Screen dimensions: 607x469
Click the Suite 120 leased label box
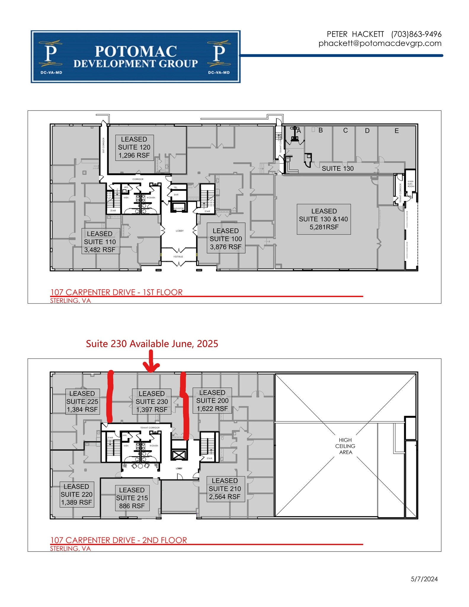[x=134, y=147]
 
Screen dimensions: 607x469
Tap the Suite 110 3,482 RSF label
[x=100, y=242]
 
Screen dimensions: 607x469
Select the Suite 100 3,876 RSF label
[x=226, y=239]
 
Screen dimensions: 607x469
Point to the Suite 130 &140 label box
[x=324, y=219]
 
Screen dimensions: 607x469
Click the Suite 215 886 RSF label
[x=132, y=498]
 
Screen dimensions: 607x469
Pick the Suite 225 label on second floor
[x=82, y=401]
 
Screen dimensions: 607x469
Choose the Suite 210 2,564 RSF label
[x=225, y=488]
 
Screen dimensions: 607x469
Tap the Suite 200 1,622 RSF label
[x=212, y=400]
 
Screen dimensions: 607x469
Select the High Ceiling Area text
[x=345, y=446]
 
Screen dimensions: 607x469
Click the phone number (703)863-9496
[x=416, y=34]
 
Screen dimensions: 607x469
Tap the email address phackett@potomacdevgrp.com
[x=380, y=43]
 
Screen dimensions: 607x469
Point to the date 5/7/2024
[x=424, y=579]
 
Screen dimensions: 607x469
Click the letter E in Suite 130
[x=396, y=131]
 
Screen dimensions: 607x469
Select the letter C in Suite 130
[x=345, y=130]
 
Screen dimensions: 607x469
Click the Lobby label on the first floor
[x=180, y=231]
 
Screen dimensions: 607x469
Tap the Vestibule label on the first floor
[x=178, y=256]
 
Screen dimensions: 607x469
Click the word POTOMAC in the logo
[x=136, y=52]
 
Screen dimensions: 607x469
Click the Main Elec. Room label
[x=410, y=184]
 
